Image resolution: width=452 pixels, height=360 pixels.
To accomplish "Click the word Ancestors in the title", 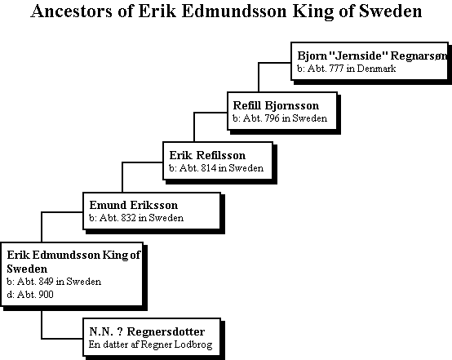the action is (x=71, y=11).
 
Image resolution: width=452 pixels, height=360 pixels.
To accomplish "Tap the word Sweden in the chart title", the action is (x=390, y=11).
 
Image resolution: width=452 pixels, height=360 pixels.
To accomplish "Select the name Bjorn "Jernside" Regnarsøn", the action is (x=372, y=56).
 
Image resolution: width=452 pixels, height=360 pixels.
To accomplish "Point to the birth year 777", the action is (x=336, y=69).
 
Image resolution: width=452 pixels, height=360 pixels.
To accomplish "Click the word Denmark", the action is (x=376, y=69).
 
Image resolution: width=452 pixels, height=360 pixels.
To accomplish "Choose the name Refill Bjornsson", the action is (x=276, y=106).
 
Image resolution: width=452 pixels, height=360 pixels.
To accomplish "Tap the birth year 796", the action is (x=272, y=118).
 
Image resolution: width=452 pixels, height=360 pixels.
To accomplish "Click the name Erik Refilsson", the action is (x=207, y=155).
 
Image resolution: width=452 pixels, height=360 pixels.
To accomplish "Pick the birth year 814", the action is (x=208, y=168).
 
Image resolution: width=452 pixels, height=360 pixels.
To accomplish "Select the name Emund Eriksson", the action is (x=134, y=205).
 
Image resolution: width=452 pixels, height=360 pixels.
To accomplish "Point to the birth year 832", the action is (x=128, y=218).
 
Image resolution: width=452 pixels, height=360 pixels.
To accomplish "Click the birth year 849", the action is (x=46, y=282).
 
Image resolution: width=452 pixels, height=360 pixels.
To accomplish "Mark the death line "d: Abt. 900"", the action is (x=30, y=295).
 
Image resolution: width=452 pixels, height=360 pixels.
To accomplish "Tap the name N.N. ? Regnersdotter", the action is (x=147, y=331).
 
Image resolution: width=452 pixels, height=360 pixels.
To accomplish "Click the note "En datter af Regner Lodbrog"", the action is (x=150, y=344).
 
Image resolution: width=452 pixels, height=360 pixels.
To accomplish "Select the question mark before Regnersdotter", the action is (x=120, y=331).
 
